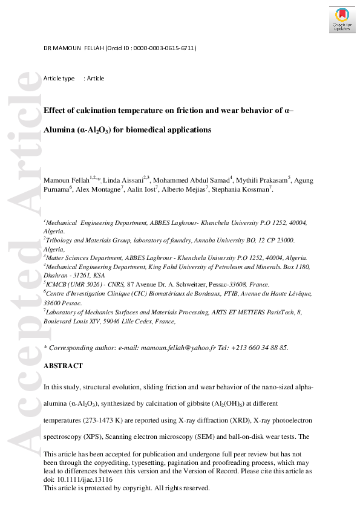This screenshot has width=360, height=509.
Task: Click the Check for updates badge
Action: pos(342,19)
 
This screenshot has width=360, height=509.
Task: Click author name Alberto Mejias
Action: pos(186,189)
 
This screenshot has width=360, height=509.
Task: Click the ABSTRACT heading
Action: pos(63,366)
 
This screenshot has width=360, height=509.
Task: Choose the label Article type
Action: pos(59,79)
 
